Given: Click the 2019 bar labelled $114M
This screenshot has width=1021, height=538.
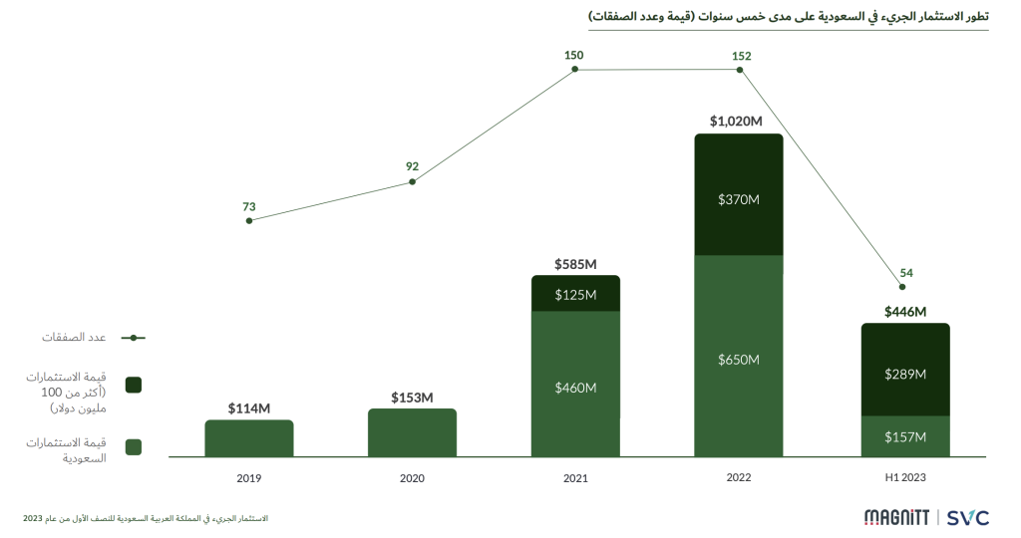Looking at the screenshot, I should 249,438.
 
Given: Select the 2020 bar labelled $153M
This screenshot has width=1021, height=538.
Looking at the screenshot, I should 412,433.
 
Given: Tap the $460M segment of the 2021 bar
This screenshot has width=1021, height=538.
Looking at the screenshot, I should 575,386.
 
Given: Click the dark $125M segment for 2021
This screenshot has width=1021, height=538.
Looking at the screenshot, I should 575,294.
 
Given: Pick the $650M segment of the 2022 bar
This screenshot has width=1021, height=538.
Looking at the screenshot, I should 739,358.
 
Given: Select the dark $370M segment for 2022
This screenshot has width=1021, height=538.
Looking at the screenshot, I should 739,196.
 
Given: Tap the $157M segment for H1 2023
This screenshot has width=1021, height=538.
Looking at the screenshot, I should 905,436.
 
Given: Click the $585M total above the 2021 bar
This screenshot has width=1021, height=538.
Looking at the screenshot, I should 575,264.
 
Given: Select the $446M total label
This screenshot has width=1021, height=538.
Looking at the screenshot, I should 905,312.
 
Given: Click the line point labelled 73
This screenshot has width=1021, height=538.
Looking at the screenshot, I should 249,220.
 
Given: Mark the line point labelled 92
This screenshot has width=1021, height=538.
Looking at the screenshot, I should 412,181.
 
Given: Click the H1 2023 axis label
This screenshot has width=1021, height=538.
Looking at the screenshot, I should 905,478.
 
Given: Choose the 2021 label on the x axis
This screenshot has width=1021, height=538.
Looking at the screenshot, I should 575,478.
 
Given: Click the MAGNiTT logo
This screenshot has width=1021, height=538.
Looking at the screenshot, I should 896,517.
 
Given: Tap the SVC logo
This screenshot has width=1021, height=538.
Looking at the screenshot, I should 967,517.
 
